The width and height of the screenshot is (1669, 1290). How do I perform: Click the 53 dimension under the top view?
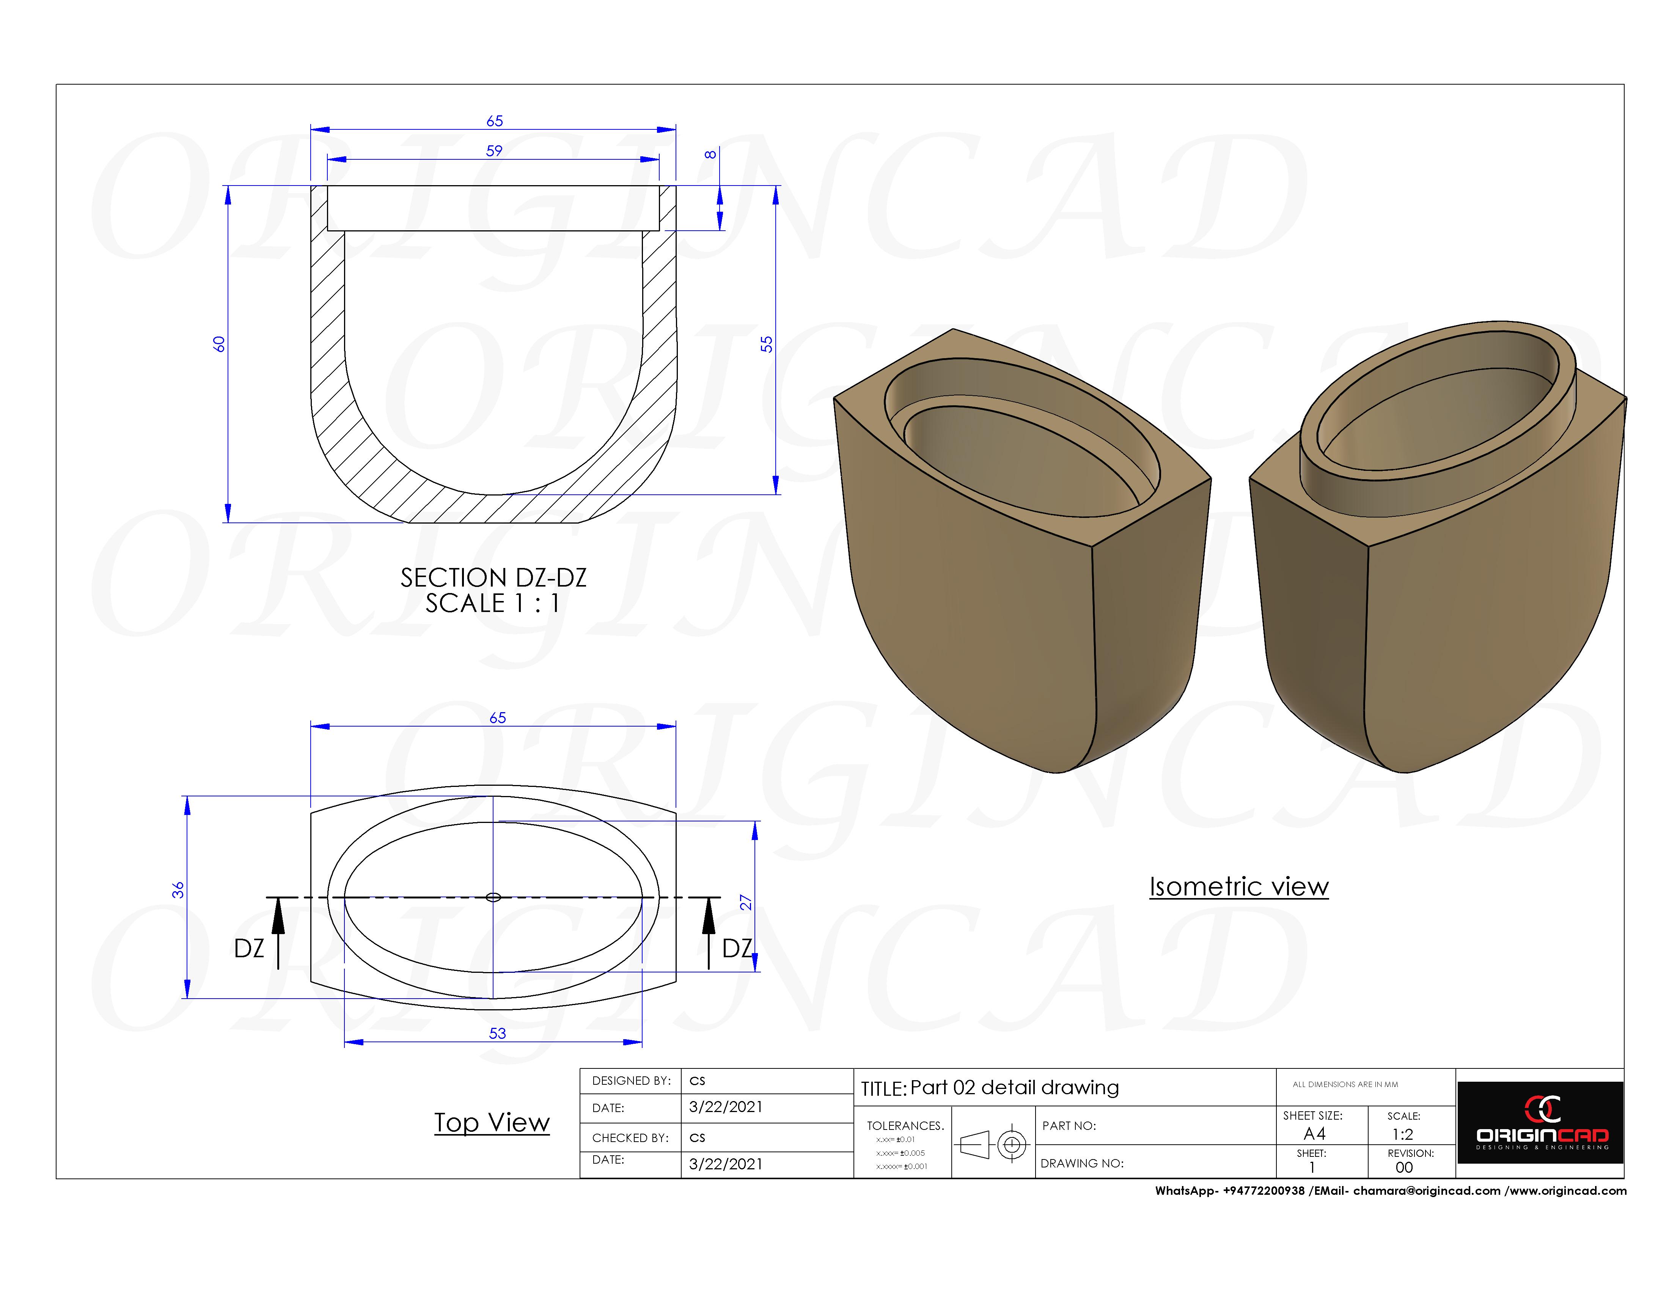tap(498, 1033)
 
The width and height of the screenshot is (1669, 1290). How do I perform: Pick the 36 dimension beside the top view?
tap(178, 890)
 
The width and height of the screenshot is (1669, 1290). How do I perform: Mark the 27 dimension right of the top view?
tap(746, 903)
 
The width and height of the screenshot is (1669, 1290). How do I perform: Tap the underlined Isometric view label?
tap(1239, 886)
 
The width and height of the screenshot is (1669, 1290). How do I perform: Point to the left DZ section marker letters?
tap(249, 949)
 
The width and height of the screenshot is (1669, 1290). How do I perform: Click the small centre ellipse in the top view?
tap(493, 897)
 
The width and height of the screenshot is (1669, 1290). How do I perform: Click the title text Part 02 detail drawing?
tap(1014, 1087)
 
